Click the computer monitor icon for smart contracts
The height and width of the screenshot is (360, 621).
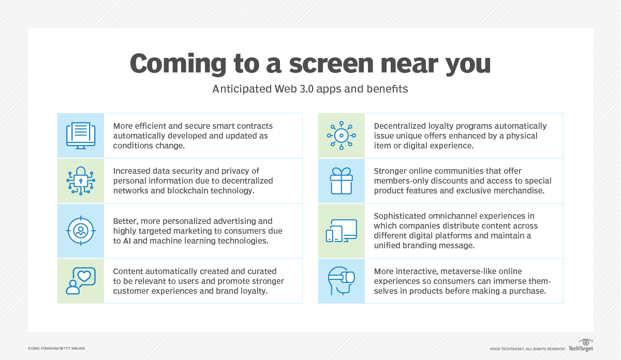click(x=81, y=136)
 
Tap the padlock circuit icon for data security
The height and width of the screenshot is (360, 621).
click(x=81, y=181)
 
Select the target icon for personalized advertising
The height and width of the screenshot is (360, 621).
click(x=81, y=231)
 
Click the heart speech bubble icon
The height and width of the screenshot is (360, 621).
click(x=81, y=281)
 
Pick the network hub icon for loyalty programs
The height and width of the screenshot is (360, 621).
click(x=342, y=136)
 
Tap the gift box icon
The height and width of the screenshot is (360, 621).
click(x=342, y=181)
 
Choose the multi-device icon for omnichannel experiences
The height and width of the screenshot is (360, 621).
click(x=342, y=231)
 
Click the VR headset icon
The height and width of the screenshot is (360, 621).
click(x=342, y=281)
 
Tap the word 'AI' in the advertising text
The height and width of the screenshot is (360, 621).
click(x=127, y=241)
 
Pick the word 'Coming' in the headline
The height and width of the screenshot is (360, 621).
click(x=178, y=64)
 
